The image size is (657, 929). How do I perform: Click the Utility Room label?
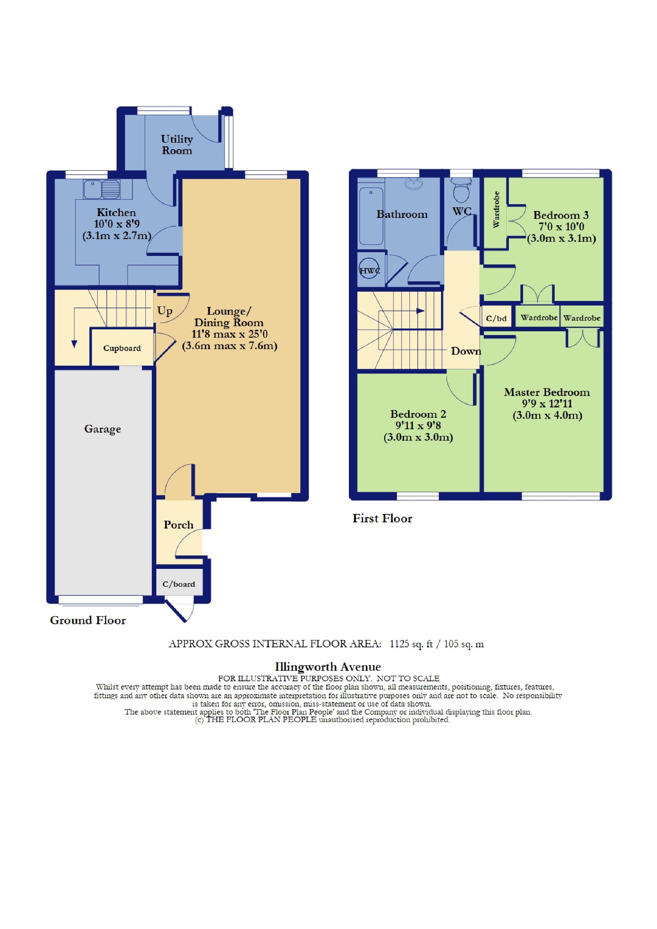point(177,145)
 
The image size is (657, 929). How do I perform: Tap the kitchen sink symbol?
point(102,189)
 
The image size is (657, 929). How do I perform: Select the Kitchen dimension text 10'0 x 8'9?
point(117,224)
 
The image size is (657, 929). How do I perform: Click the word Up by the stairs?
point(165,311)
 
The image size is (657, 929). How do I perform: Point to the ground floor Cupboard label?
point(122,348)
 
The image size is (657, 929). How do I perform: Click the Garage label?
point(103,429)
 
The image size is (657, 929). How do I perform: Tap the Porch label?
point(178,525)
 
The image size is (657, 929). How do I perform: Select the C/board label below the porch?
point(179,584)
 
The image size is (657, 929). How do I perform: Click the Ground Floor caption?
point(88,620)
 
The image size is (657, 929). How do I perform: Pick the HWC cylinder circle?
point(370,270)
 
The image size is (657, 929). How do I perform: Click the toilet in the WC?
point(461,190)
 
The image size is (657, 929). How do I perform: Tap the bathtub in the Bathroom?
point(371,216)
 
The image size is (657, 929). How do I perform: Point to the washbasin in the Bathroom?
point(414,184)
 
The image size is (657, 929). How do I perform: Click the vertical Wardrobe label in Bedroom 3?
point(496,209)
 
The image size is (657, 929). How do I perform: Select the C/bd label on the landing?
point(497,318)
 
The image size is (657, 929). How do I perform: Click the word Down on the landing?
point(466,351)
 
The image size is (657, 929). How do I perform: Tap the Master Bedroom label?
point(547,392)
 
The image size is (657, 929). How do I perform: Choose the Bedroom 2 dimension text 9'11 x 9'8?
point(418,426)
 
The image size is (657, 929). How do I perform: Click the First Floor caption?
point(382,518)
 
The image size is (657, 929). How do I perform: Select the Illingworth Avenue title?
point(328,667)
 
